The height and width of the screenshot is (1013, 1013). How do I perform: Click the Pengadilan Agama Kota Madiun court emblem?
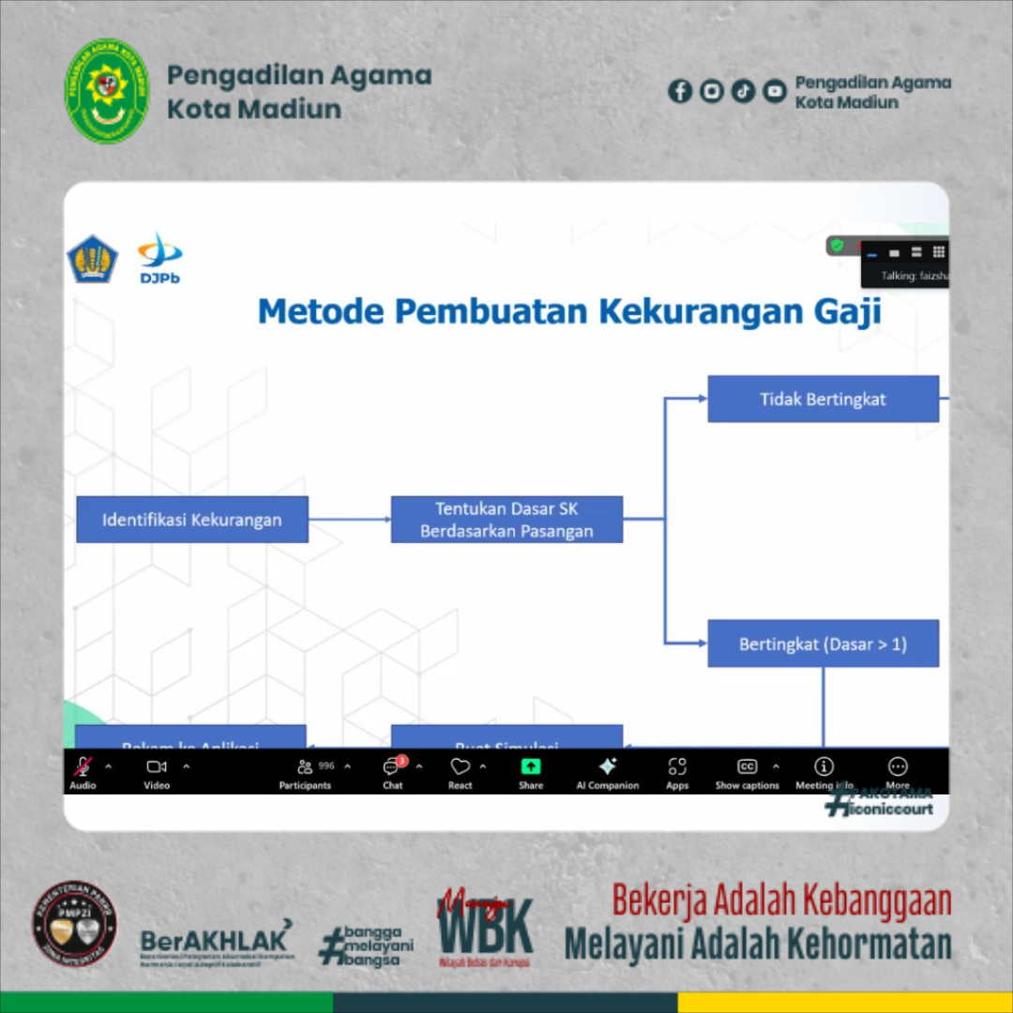107,91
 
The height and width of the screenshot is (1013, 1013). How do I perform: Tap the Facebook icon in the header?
680,91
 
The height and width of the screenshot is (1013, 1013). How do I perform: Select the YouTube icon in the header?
774,91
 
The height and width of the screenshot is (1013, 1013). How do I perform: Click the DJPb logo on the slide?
160,258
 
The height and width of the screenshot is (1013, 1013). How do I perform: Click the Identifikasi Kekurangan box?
192,519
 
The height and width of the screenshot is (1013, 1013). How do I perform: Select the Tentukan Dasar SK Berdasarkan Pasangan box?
506,519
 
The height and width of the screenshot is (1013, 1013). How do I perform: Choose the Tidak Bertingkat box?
823,399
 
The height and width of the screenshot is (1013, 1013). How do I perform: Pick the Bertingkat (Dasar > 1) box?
823,643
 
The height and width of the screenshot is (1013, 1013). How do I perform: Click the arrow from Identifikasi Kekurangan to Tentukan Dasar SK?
349,519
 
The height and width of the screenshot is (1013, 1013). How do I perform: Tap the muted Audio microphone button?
83,767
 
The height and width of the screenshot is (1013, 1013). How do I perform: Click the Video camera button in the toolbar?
157,767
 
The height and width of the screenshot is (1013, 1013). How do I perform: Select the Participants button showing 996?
306,767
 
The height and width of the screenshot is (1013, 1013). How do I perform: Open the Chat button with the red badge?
392,767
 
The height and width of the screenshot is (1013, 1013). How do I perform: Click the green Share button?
531,767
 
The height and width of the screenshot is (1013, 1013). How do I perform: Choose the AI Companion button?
607,767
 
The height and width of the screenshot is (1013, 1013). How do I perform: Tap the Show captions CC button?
747,767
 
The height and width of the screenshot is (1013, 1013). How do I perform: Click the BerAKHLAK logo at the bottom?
216,940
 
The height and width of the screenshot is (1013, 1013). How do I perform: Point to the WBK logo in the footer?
485,929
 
